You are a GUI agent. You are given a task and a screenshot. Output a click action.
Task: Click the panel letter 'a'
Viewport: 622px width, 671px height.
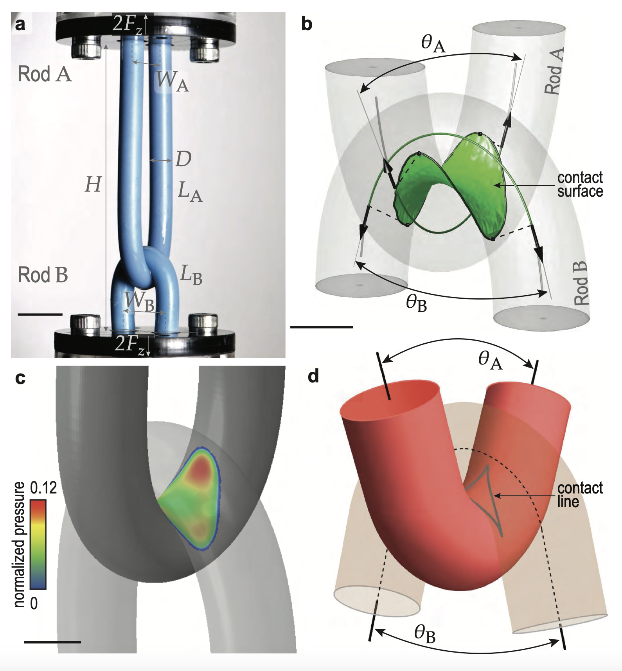click(20, 24)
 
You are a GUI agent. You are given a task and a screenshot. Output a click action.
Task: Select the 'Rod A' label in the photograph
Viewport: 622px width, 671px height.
click(45, 74)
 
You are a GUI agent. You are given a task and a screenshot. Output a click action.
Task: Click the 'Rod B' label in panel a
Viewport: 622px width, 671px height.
click(43, 275)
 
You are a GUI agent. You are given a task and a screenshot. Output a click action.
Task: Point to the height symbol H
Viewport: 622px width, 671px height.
click(93, 185)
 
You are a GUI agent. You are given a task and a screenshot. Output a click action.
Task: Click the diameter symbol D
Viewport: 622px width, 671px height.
click(183, 159)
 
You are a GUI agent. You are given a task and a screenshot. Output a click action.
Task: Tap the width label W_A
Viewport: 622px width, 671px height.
click(172, 81)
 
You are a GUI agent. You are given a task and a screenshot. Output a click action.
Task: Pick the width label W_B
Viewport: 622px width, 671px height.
click(139, 302)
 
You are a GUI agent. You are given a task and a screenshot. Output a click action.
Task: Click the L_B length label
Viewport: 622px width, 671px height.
click(191, 274)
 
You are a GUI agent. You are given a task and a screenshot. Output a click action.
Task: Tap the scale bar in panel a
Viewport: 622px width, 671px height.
click(40, 314)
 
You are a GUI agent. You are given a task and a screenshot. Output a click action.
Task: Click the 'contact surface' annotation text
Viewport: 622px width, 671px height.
click(580, 184)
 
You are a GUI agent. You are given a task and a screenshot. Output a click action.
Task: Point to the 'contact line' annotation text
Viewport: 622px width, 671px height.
click(580, 495)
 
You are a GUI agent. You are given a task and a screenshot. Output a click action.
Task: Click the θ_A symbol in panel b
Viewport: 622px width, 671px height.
click(433, 43)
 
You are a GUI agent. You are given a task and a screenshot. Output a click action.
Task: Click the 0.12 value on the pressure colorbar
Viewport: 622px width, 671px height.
click(43, 488)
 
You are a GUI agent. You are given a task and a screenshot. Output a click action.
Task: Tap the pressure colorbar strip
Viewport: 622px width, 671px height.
click(38, 544)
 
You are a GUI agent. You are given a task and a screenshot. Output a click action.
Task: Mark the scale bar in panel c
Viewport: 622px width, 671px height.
click(52, 642)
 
